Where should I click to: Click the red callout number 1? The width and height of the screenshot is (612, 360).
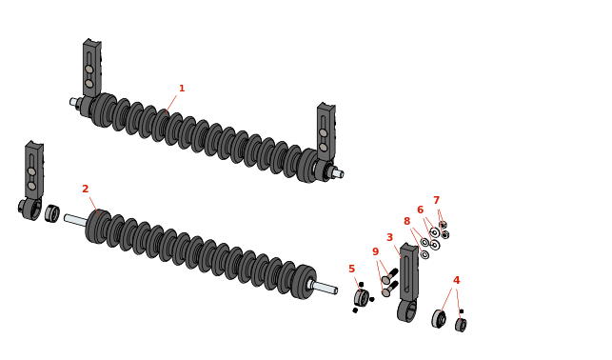[182, 89]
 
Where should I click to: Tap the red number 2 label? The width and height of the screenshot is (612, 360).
[86, 189]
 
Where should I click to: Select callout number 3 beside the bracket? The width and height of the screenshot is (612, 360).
[389, 237]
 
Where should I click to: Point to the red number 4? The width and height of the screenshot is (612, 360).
[456, 280]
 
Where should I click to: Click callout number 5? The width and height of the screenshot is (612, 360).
[351, 269]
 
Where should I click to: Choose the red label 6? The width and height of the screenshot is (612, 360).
[421, 210]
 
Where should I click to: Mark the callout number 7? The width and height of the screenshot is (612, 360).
[436, 200]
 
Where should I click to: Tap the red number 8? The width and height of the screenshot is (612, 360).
[406, 221]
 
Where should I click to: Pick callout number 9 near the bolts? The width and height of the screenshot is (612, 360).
[375, 251]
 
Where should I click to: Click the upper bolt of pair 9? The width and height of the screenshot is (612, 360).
[390, 276]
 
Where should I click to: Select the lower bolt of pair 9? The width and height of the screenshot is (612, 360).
[390, 289]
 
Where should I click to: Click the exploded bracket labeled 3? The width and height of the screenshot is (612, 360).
[408, 282]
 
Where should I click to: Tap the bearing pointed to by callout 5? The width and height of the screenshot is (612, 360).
[362, 298]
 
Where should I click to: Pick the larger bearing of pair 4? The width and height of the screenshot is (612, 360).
[439, 319]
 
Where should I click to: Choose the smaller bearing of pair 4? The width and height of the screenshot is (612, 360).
[461, 325]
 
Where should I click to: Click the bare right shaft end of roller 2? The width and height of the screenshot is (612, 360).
[325, 288]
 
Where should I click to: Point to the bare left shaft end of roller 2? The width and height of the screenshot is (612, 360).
[76, 220]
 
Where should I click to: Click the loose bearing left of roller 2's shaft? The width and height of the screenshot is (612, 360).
[52, 213]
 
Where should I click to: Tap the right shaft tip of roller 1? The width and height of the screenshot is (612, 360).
[338, 173]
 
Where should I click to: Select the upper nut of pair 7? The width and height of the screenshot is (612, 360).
[443, 225]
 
